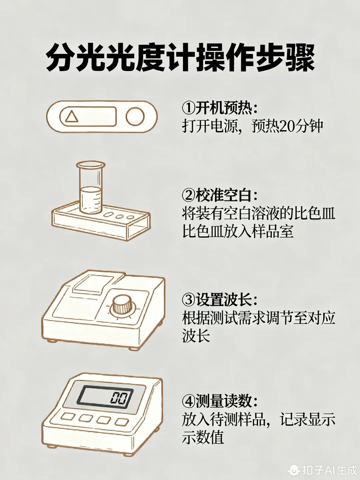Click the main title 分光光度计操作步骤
point(180,59)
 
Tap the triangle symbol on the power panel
point(71,117)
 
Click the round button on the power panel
point(135,116)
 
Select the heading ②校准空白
point(220,195)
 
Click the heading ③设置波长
point(220,300)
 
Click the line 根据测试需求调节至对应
point(258,318)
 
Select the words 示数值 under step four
point(203,437)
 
